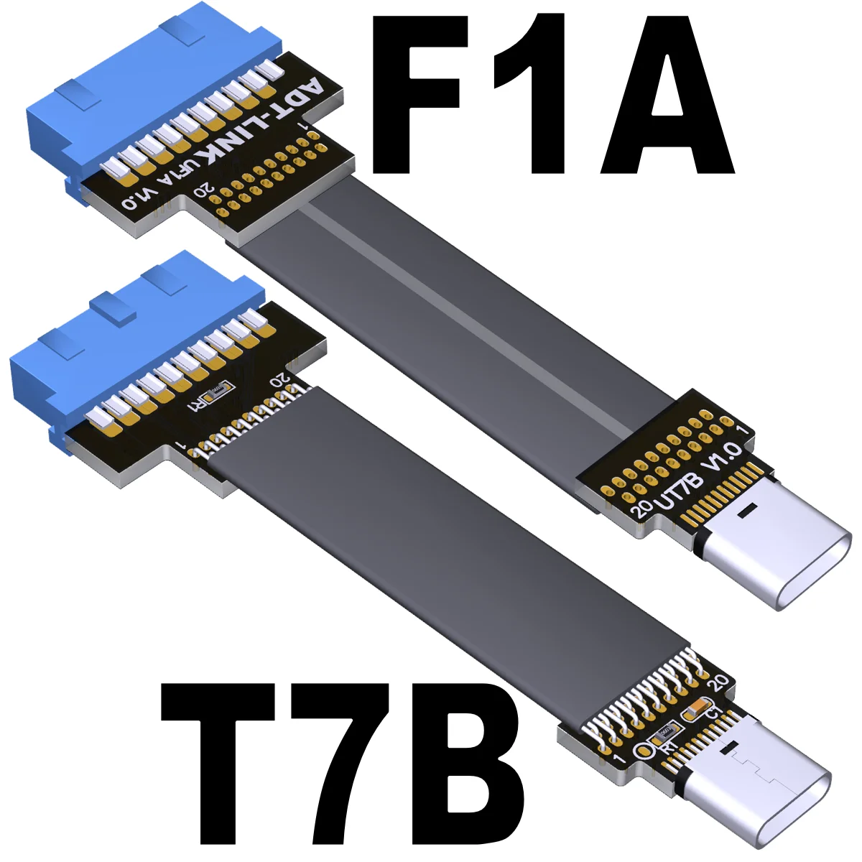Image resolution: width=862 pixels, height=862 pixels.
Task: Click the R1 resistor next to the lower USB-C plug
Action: (x=664, y=733)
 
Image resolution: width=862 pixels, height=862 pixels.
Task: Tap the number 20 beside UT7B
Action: (x=641, y=509)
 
